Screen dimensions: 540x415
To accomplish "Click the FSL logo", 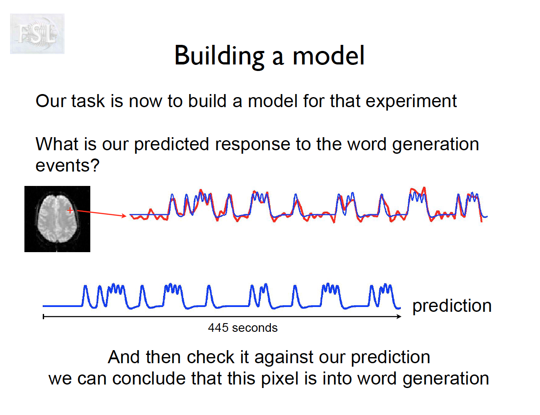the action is (x=37, y=34).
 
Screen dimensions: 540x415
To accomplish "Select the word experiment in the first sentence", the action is (x=411, y=102).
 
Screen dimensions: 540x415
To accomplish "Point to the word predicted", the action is (x=171, y=145).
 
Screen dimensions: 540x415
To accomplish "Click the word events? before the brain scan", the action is (x=67, y=165).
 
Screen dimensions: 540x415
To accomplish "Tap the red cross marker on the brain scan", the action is (x=70, y=210).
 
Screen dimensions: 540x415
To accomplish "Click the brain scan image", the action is (x=58, y=219).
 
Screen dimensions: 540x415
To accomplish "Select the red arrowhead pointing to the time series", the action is (x=124, y=216).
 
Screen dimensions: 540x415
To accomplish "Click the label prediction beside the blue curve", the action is (x=452, y=306).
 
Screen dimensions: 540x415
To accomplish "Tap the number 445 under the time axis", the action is (x=218, y=327).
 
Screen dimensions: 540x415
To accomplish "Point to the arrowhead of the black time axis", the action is (x=399, y=317).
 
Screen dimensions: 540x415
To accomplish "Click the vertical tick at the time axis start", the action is (x=44, y=317).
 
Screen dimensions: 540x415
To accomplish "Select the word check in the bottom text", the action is (x=211, y=358).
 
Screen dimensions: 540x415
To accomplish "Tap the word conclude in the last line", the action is (x=149, y=379).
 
